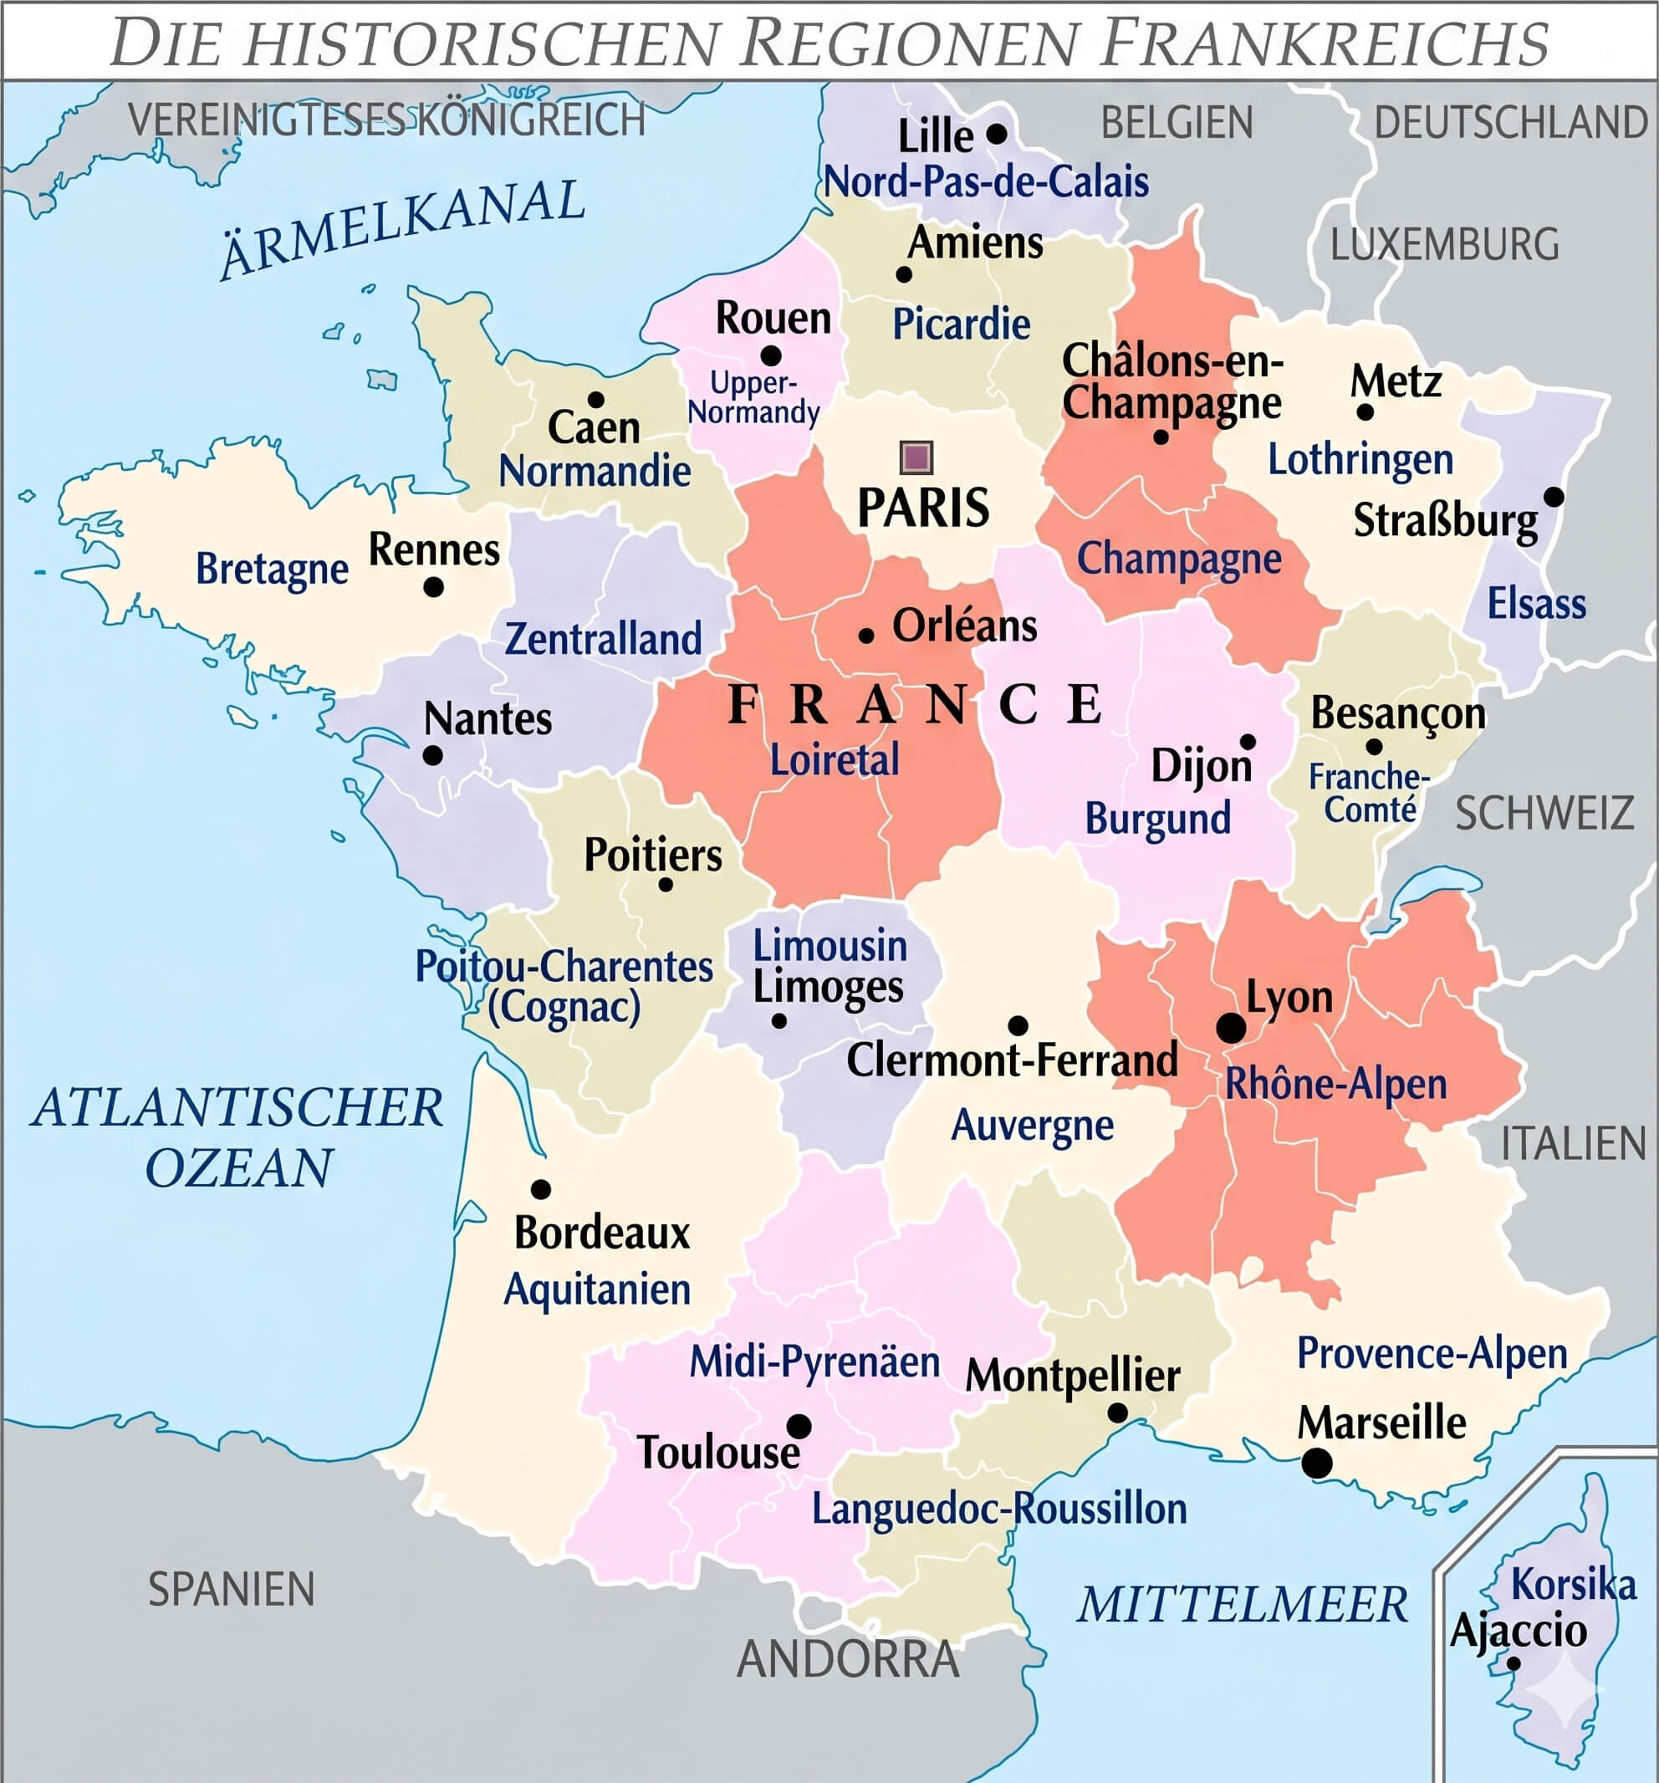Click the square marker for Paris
[x=916, y=457]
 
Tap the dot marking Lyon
[x=1230, y=1028]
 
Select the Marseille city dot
[x=1315, y=1463]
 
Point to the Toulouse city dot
[x=798, y=1426]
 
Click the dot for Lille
[x=996, y=134]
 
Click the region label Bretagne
[x=272, y=570]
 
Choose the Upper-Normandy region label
[x=753, y=397]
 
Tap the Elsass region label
[x=1536, y=604]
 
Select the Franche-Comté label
[x=1370, y=793]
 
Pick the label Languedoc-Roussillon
[x=999, y=1509]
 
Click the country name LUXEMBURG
[x=1444, y=245]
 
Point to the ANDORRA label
[x=847, y=1659]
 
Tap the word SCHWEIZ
[x=1544, y=814]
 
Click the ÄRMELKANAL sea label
[x=403, y=227]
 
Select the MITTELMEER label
[x=1243, y=1605]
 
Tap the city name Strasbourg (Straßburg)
[x=1445, y=521]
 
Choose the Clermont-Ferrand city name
[x=1012, y=1061]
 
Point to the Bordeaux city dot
[x=540, y=1189]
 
